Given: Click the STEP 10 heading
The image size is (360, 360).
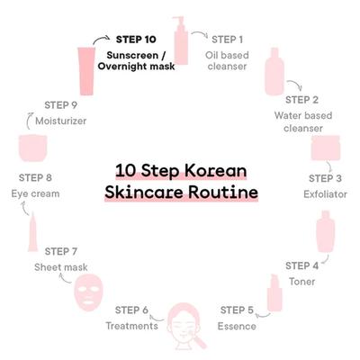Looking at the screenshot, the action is (x=136, y=40).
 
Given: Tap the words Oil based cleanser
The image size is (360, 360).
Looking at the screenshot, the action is (x=227, y=60).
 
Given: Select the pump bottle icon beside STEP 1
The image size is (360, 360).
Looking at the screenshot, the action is (x=180, y=40).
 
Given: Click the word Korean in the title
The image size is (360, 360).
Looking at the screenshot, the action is (x=215, y=171).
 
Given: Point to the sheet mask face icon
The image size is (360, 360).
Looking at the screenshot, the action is (x=88, y=292).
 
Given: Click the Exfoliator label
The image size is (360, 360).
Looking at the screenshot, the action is (x=325, y=194).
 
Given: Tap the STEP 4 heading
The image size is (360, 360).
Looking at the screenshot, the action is (x=301, y=265).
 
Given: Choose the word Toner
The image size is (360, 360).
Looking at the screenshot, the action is (x=301, y=282).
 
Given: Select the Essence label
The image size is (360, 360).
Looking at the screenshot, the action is (x=237, y=326).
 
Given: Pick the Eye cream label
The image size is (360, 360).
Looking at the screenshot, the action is (x=35, y=193).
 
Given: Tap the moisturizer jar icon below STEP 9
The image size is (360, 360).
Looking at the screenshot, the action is (x=33, y=148).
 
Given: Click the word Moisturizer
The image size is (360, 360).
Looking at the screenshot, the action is (x=61, y=121).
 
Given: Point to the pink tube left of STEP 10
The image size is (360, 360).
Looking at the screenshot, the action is (x=86, y=71).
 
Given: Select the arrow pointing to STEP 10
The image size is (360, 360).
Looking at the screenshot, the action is (x=101, y=40).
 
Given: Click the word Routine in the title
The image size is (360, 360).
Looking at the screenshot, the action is (x=223, y=193).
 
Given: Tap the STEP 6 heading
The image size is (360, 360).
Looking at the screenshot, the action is (x=131, y=310).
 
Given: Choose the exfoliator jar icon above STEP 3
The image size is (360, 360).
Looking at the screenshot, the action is (x=326, y=148).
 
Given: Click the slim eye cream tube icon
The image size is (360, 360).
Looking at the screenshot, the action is (x=32, y=231).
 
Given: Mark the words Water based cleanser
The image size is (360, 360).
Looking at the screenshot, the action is (x=303, y=121).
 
